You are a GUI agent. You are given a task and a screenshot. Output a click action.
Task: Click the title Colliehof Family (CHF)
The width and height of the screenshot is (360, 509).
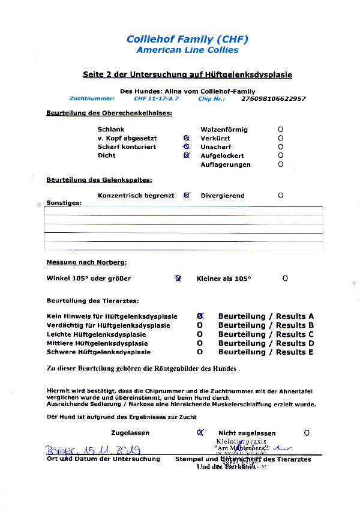point(187,40)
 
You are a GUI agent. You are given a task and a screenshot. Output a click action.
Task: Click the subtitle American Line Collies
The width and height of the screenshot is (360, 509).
point(187,50)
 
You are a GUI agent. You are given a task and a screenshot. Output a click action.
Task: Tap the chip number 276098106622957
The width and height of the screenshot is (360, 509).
point(273,98)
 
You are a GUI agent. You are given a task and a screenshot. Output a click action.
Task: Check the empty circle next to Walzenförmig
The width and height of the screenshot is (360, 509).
point(281,130)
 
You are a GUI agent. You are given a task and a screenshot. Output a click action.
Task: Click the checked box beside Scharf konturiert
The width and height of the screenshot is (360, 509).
point(187,147)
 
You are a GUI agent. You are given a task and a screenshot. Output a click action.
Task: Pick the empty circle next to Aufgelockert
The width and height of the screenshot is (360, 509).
point(281,155)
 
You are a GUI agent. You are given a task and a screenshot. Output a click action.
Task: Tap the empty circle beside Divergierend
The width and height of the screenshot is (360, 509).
point(281,196)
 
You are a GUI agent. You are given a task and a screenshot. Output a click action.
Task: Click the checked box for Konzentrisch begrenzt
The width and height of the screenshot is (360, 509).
point(187,196)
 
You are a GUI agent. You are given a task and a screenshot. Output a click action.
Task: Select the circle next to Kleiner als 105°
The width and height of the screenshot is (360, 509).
point(285,279)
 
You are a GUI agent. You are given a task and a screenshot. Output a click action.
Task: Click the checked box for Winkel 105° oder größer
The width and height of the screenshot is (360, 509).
point(178,279)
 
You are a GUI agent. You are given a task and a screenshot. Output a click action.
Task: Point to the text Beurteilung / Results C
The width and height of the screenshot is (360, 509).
point(266,334)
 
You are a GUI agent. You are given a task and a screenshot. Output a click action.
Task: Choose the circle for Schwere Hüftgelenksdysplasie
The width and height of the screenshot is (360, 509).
point(200,352)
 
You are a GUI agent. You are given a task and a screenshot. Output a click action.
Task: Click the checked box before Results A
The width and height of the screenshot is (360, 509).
point(200,316)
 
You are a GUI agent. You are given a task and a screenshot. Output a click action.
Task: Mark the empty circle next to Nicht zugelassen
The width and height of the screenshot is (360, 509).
point(307,433)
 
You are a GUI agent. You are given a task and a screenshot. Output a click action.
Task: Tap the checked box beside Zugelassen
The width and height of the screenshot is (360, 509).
point(200,433)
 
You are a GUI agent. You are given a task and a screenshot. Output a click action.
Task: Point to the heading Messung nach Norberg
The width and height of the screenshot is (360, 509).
point(86,262)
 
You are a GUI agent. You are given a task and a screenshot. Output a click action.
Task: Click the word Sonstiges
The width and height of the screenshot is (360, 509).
point(64,203)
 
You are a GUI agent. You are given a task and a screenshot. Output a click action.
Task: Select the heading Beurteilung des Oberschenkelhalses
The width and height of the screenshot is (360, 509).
point(109,113)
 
